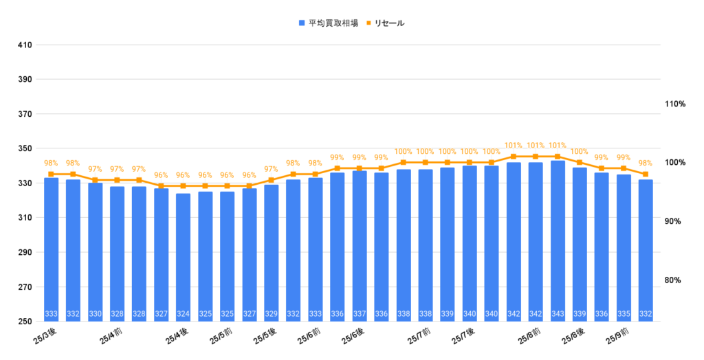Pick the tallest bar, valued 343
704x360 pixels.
pos(558,240)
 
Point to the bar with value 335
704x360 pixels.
pos(624,248)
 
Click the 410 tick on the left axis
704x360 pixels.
pos(25,45)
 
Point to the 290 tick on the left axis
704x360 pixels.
pos(25,253)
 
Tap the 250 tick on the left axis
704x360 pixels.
pos(25,322)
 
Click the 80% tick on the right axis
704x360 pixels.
pos(675,280)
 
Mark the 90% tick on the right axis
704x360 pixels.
pos(675,221)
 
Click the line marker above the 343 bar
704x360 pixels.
pos(558,157)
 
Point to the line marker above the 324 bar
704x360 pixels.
pos(183,185)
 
